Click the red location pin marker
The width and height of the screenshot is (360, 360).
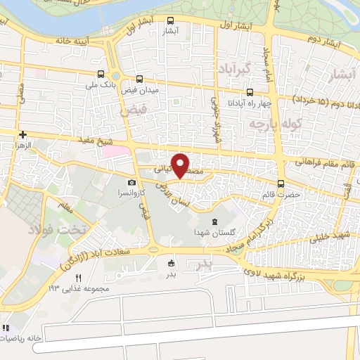point(181,165)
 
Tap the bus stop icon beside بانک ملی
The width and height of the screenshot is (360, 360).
point(101,74)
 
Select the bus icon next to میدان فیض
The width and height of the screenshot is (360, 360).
point(139,79)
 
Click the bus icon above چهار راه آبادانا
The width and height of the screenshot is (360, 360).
point(250,92)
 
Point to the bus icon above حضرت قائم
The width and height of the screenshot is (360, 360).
point(281,184)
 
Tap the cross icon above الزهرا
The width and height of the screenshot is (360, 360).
point(23,134)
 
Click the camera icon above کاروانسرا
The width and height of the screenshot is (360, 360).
point(131,183)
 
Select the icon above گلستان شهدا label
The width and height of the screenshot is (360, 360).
point(215,221)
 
